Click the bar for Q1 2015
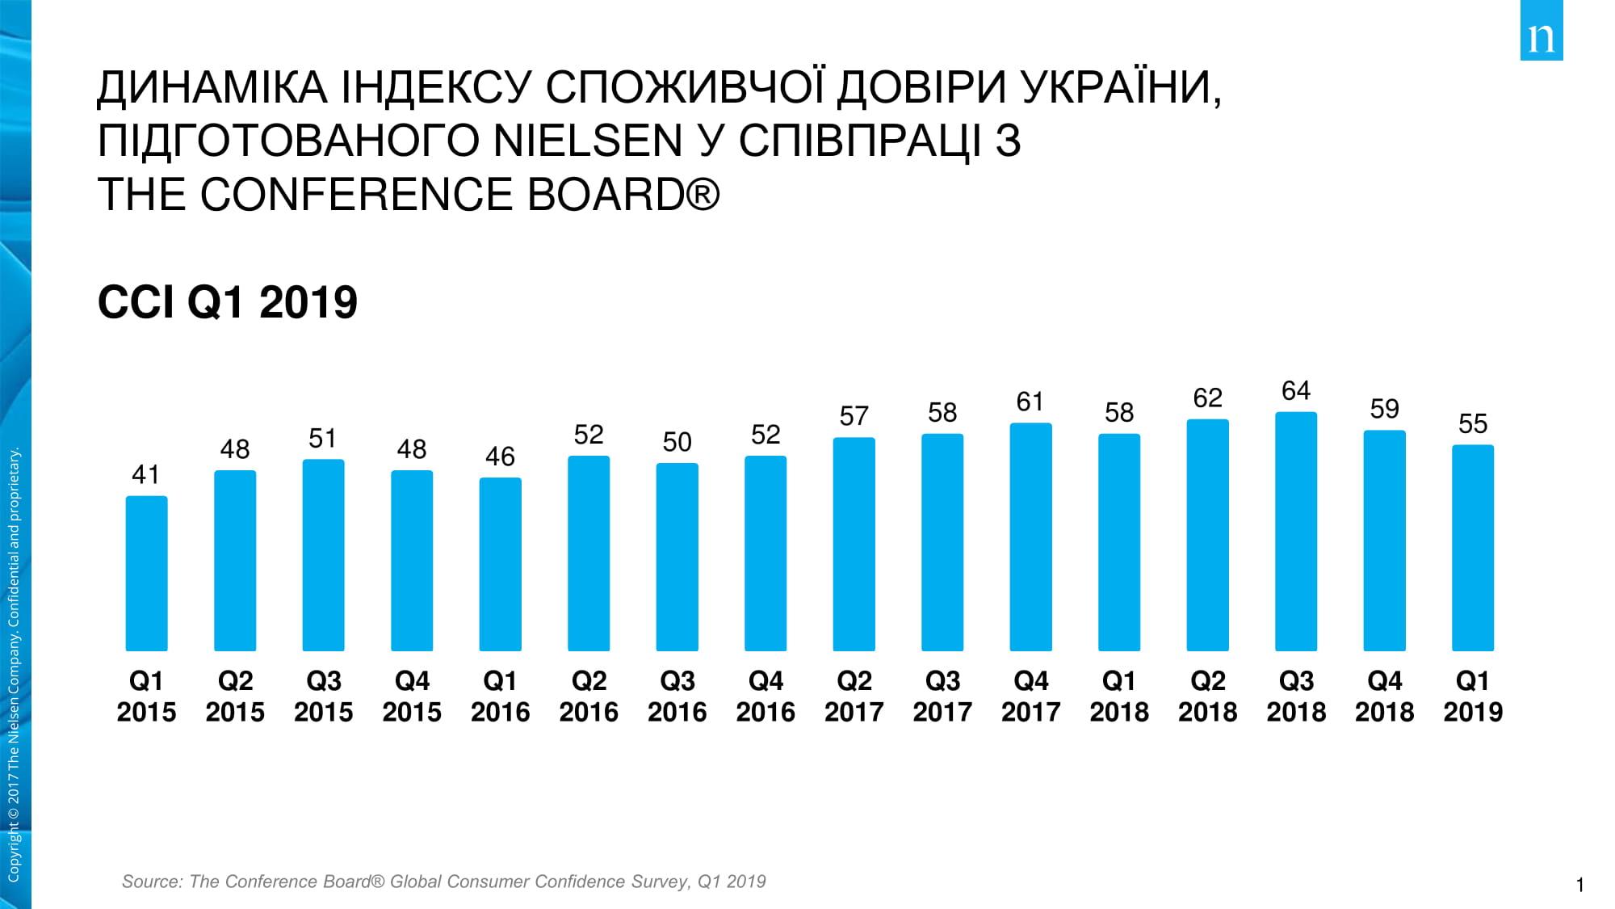(x=146, y=574)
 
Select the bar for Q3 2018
(x=1296, y=532)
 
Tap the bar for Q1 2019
(x=1473, y=548)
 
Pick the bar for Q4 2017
(x=1030, y=537)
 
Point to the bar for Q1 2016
(x=500, y=564)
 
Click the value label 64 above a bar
(x=1296, y=391)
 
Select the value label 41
(x=146, y=474)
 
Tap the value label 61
(x=1030, y=402)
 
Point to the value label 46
(x=500, y=457)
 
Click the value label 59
(x=1384, y=409)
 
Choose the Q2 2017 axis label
(x=854, y=696)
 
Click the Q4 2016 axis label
(x=766, y=696)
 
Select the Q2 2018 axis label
(x=1207, y=696)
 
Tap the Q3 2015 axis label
(x=323, y=696)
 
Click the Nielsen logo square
(x=1542, y=30)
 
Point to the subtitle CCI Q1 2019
(x=227, y=302)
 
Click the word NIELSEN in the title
(x=588, y=141)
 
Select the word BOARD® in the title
(x=623, y=195)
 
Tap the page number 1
(x=1580, y=886)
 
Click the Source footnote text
(x=443, y=882)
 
